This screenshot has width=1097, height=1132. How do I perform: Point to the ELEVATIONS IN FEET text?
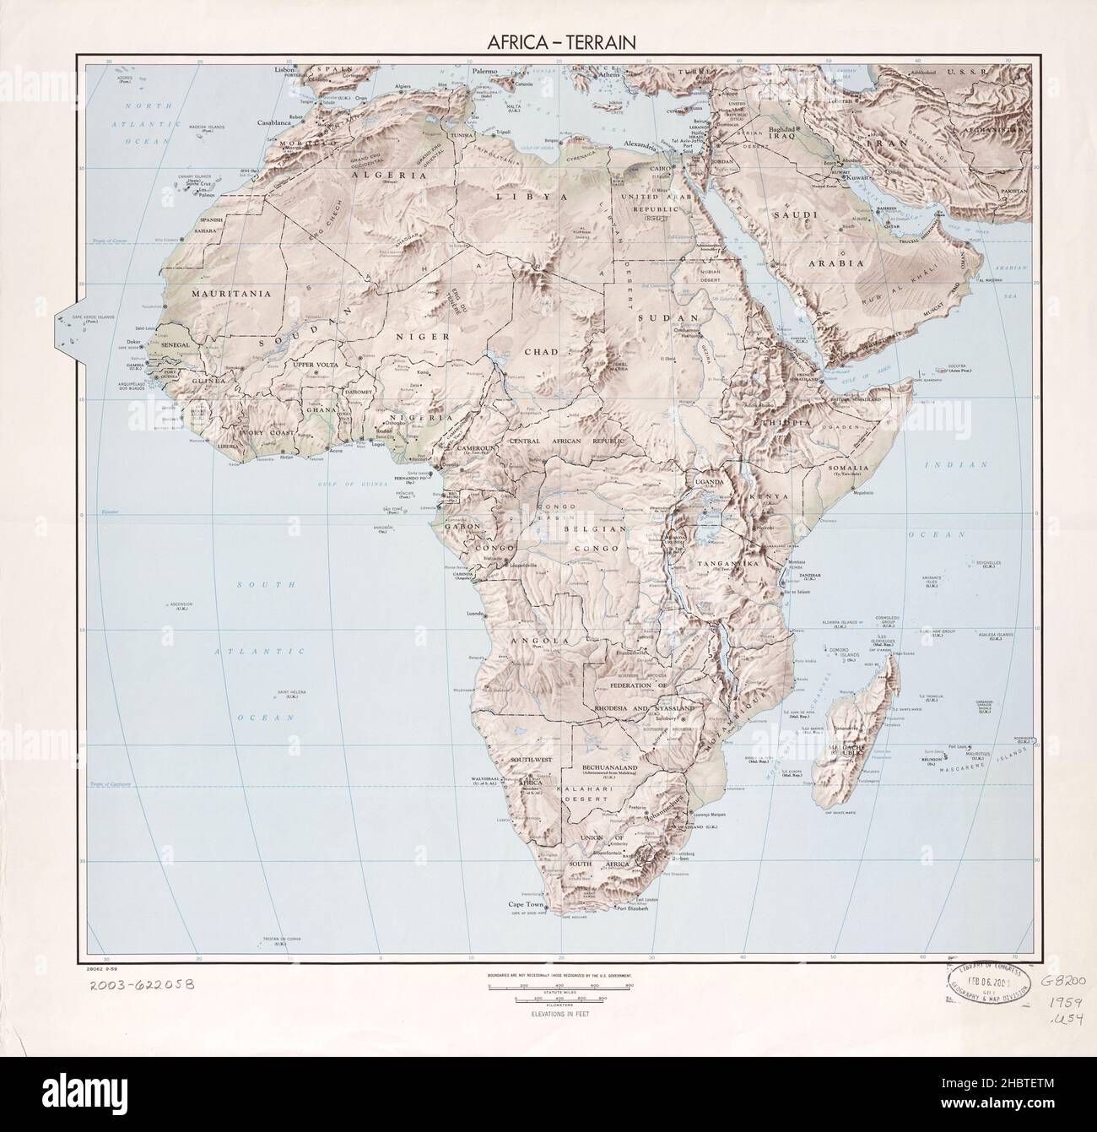[x=559, y=1014]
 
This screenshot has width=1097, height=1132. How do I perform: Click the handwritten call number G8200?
[x=1066, y=981]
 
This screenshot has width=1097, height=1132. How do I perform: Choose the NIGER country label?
[x=415, y=335]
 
